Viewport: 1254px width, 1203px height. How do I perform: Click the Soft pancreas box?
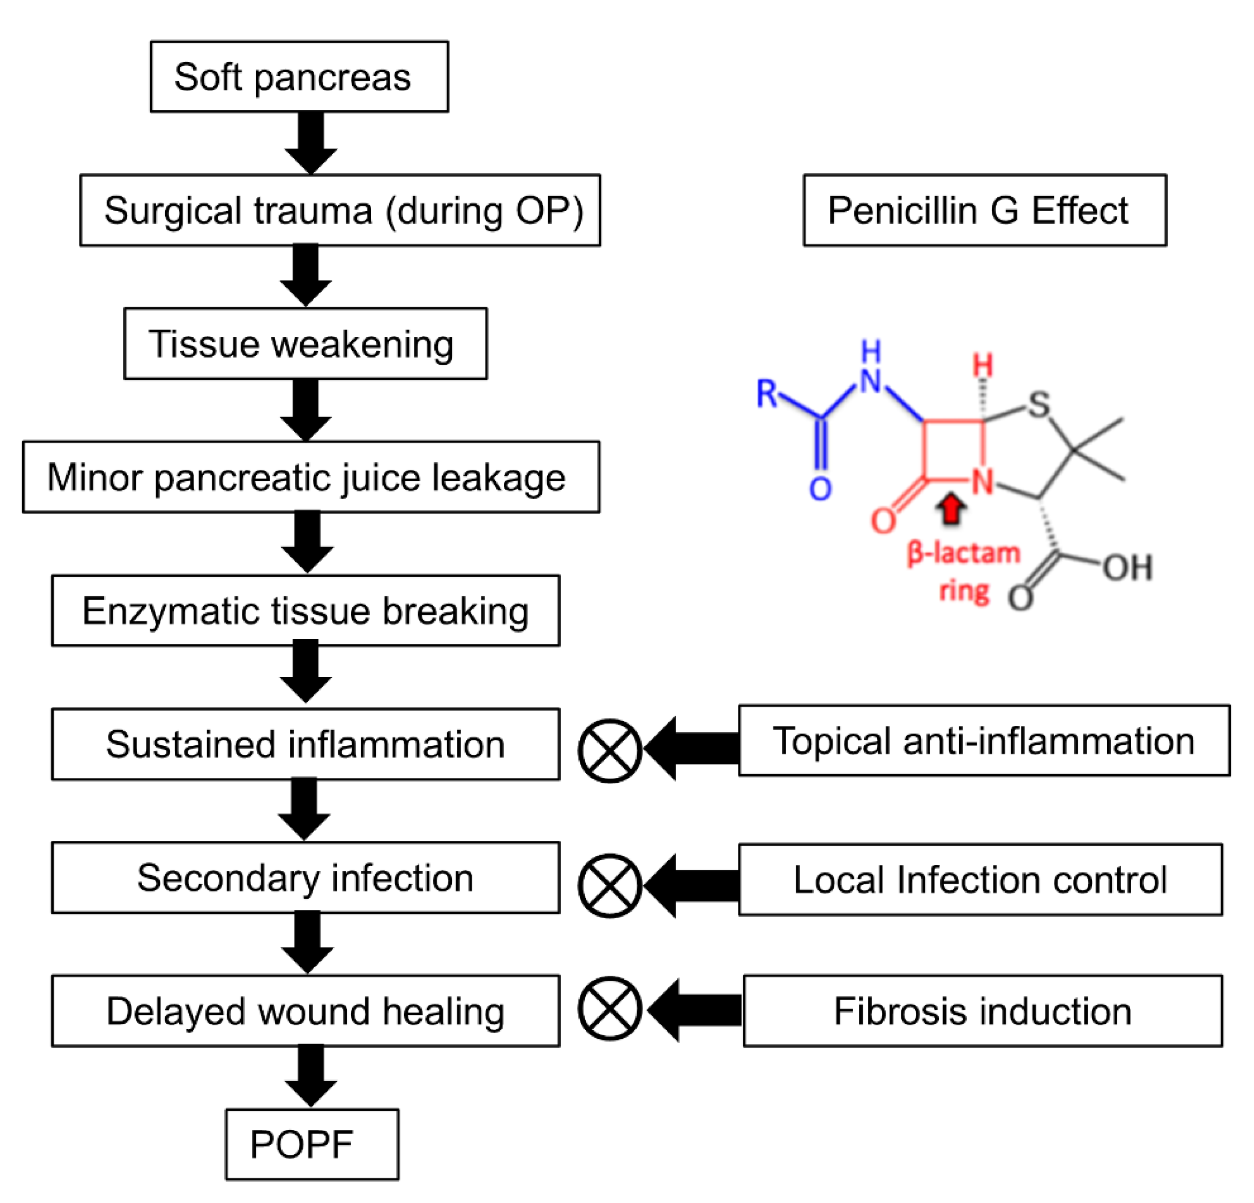point(299,77)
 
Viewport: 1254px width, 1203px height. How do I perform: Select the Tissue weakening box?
point(305,343)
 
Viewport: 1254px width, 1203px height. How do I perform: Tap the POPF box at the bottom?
point(311,1144)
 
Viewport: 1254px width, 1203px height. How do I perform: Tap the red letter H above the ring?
point(983,366)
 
